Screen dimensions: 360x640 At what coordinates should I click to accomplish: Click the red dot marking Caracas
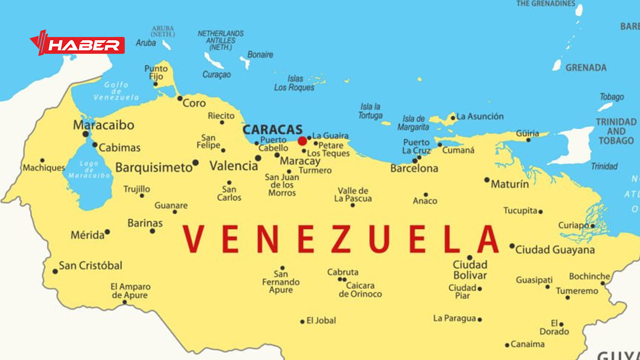point(302,141)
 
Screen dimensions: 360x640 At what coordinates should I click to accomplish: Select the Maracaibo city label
point(104,125)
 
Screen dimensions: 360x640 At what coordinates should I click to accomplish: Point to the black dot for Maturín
point(487,180)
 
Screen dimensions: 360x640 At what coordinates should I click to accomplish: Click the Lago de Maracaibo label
point(89,170)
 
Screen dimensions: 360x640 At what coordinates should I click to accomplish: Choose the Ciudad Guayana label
point(555,250)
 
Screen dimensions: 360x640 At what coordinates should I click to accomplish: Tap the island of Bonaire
point(245,63)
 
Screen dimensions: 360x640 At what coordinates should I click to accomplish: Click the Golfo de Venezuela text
point(116,91)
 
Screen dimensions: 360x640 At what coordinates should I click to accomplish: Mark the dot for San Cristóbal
point(55,272)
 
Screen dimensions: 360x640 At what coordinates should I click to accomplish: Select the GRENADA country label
point(586,68)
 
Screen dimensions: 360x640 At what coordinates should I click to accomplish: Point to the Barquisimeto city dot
point(195,163)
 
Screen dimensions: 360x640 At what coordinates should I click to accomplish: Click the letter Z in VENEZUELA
point(341,239)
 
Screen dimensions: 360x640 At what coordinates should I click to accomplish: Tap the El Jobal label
point(321,321)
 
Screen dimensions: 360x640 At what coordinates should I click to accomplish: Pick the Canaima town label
point(527,344)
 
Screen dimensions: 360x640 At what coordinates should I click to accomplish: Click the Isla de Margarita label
point(413,123)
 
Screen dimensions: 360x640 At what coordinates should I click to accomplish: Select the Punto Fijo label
point(156,72)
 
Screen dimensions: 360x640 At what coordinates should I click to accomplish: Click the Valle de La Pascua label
point(353,195)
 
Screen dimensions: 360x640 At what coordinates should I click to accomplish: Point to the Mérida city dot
point(107,232)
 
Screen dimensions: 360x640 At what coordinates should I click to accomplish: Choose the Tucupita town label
point(520,211)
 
